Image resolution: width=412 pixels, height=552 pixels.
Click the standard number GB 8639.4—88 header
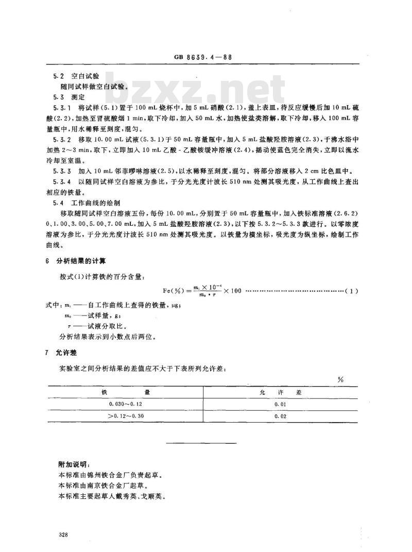(x=207, y=58)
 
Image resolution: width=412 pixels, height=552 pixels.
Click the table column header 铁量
(x=126, y=392)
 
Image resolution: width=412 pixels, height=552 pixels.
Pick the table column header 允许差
(x=281, y=392)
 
